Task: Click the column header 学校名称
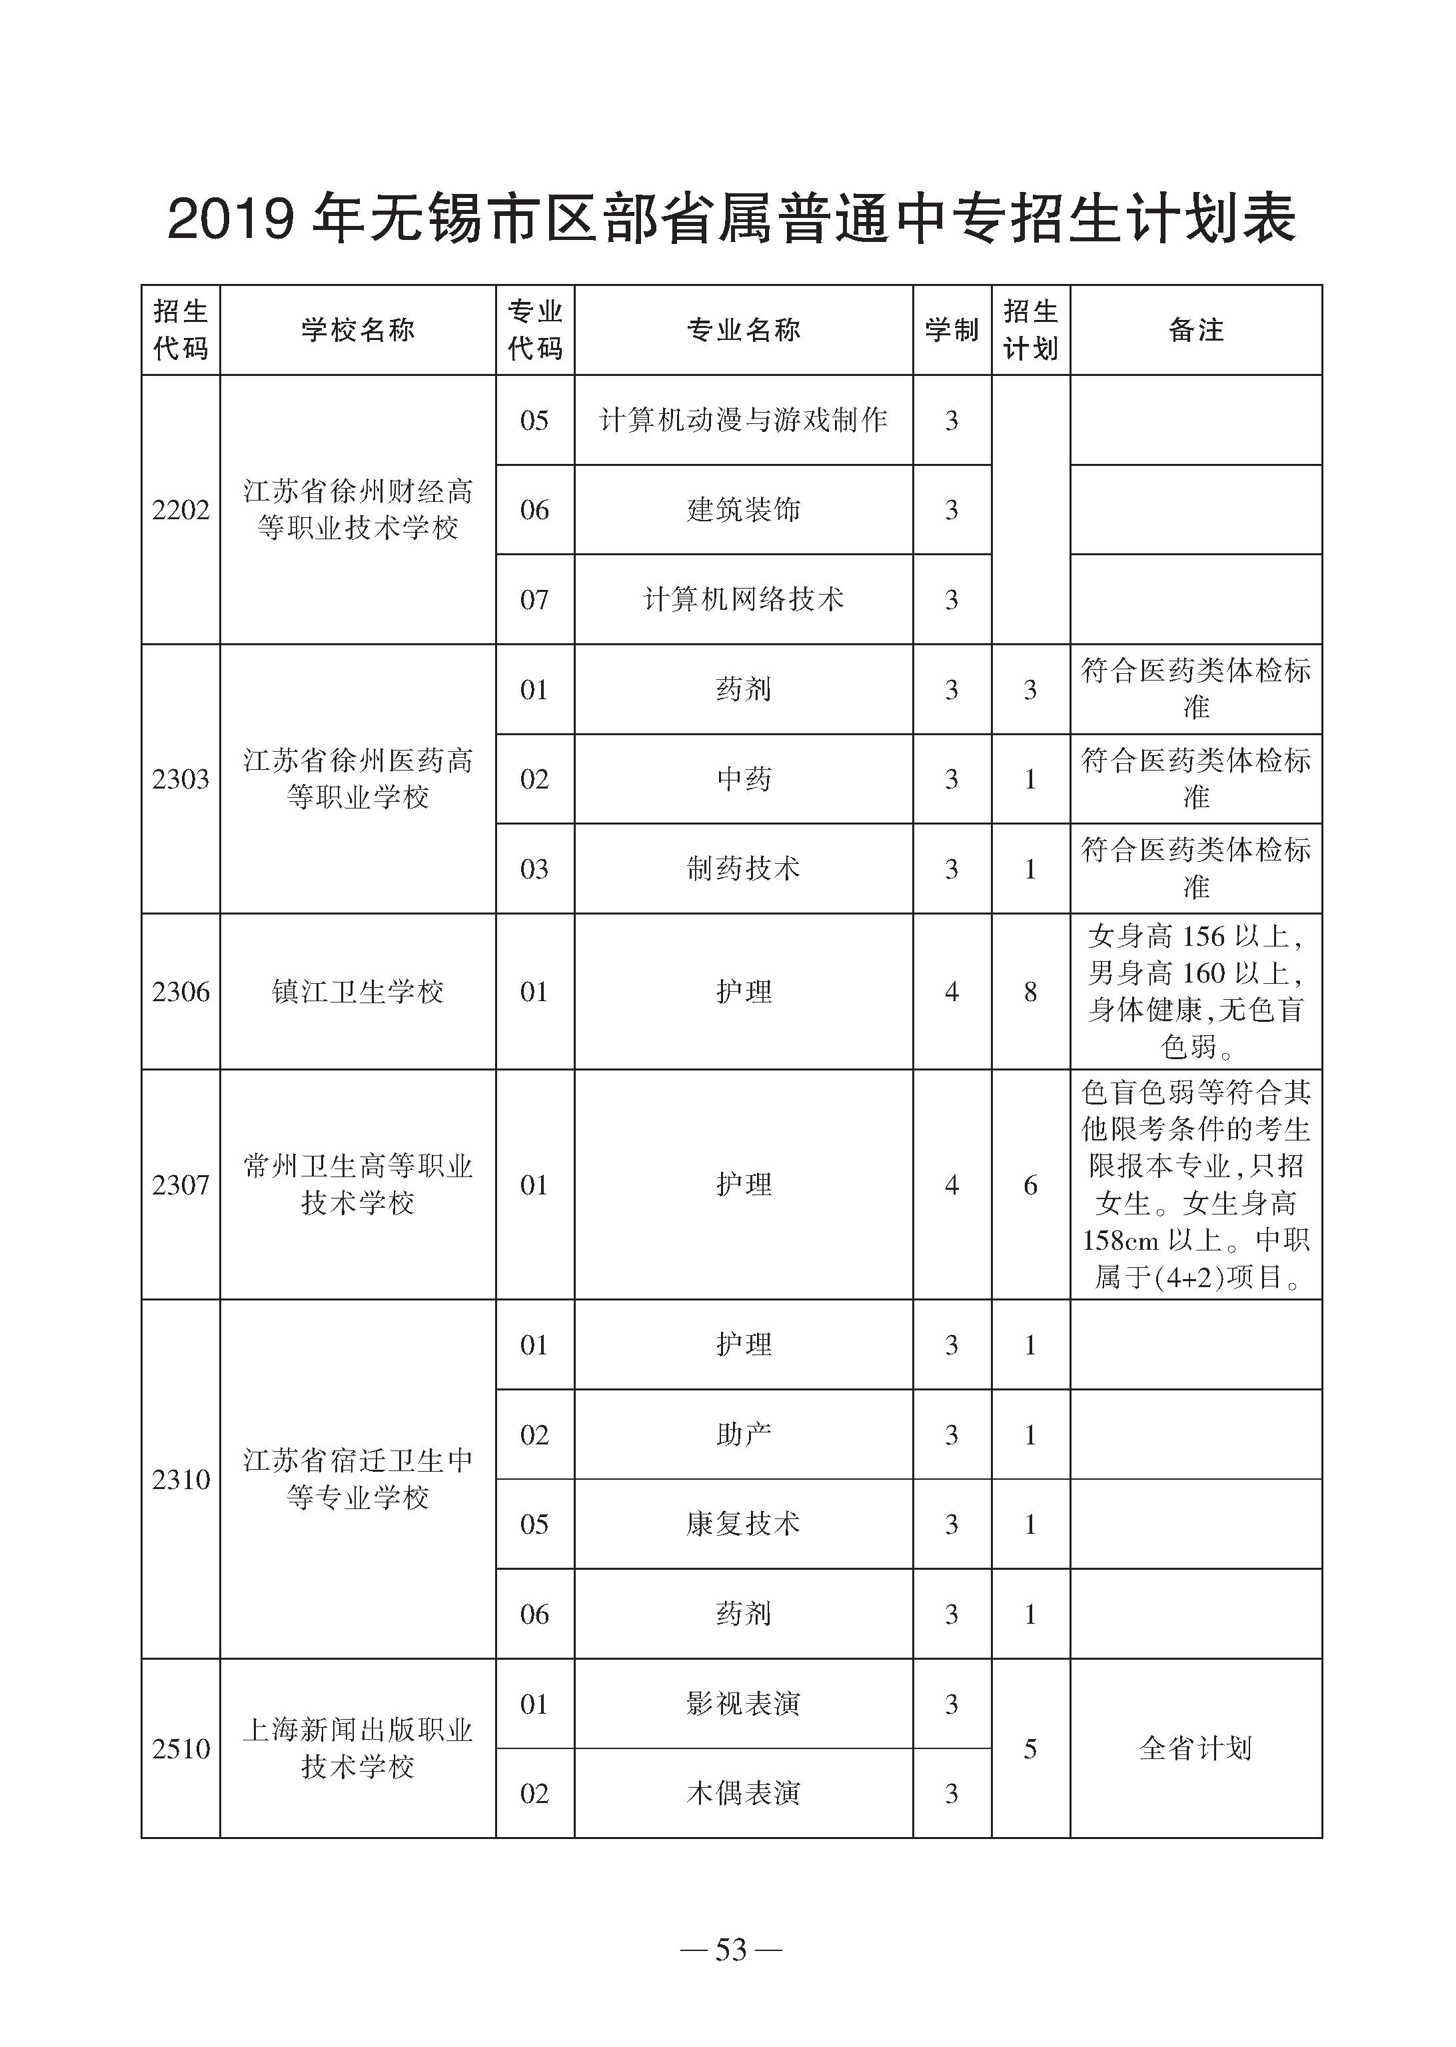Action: click(358, 330)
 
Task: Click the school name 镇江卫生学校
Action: click(358, 992)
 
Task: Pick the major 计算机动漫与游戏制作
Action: click(743, 421)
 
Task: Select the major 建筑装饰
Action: click(743, 510)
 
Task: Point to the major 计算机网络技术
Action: click(743, 599)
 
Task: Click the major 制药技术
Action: click(743, 868)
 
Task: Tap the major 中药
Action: click(743, 779)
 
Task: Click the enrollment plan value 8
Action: click(1030, 992)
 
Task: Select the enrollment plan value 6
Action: click(1030, 1185)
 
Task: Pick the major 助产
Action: click(743, 1434)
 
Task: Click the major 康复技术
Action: click(743, 1524)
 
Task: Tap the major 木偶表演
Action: click(743, 1793)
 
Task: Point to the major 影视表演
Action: click(743, 1704)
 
